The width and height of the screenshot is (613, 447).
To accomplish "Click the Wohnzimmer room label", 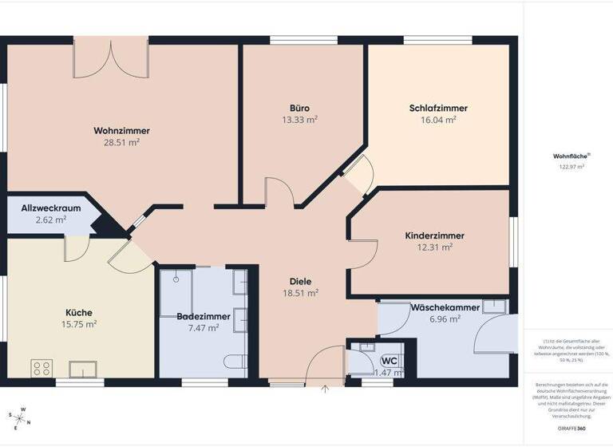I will pos(121,131).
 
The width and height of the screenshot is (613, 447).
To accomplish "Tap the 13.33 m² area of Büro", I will pos(299,120).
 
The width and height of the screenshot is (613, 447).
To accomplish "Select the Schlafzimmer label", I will pos(438,109).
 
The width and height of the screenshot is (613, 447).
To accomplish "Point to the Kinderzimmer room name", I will pos(435,236).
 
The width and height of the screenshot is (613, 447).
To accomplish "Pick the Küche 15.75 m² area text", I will pos(79,324).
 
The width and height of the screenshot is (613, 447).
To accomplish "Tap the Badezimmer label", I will pos(204,317).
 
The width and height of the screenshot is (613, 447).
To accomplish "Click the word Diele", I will pos(300,282).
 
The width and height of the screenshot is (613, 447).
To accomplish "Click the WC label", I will pos(390,361).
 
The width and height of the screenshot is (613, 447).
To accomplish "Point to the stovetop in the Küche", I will pos(42,368).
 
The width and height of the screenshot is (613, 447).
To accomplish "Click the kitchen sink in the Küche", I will pos(83,368).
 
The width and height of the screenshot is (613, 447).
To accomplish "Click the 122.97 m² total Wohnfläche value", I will pos(571,167).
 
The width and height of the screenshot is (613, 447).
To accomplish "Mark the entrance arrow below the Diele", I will pos(326,389).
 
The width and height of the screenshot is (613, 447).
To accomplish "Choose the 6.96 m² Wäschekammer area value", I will pos(445,319).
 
